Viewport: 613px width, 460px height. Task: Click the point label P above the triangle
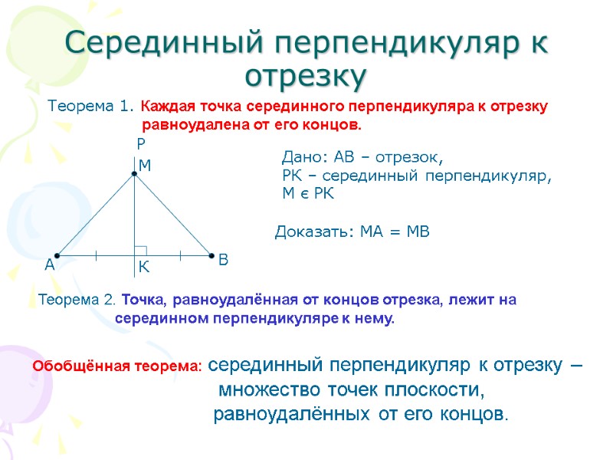point(140,143)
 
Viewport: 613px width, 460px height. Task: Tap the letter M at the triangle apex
point(145,166)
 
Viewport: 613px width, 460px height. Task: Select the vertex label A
point(50,265)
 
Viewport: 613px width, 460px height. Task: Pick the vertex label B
point(223,261)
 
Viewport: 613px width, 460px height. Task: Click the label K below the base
point(143,268)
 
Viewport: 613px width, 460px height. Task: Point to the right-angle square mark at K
point(140,249)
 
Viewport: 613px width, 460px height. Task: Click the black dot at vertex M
point(133,174)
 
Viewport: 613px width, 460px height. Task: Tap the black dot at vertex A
point(57,255)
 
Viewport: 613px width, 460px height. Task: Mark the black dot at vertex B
point(210,255)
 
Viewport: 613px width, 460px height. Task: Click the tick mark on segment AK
point(96,255)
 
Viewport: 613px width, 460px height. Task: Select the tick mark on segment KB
point(181,255)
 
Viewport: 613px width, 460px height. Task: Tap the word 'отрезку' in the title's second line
point(306,76)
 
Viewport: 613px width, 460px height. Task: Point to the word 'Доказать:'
point(310,232)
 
